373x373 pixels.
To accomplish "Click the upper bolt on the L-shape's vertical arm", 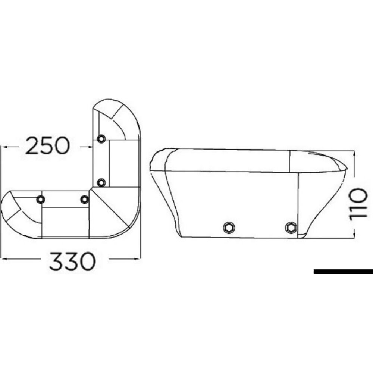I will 101,139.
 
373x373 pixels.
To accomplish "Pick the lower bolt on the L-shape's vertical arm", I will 101,182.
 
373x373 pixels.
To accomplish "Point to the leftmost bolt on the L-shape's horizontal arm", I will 40,200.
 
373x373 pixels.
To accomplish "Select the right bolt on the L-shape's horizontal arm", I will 85,200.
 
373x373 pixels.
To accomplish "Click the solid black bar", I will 343,272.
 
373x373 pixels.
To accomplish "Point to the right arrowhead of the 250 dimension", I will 90,147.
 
